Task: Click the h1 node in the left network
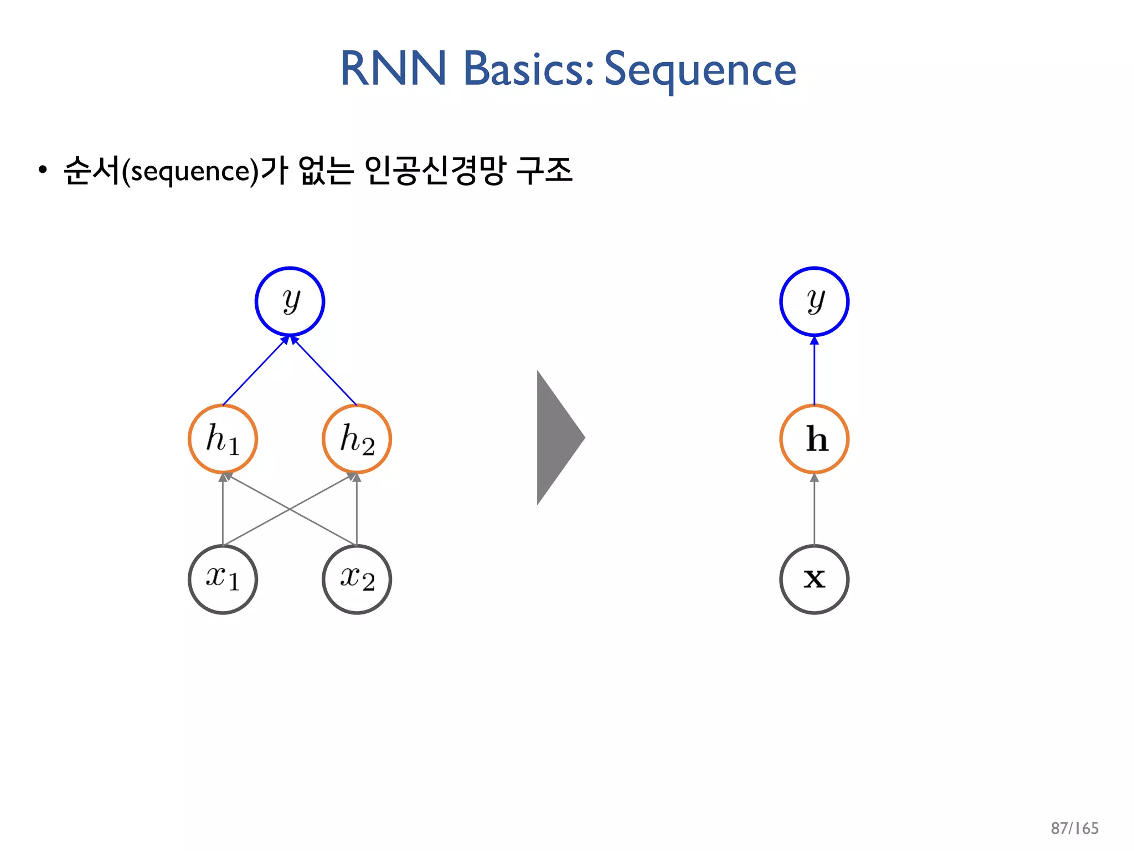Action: coord(223,439)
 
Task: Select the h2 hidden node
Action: coord(357,439)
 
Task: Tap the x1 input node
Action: coord(223,580)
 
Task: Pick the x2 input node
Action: coord(357,580)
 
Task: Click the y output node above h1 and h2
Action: coord(290,301)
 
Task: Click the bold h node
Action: coord(814,439)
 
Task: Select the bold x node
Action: coord(814,580)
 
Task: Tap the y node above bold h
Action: coord(814,301)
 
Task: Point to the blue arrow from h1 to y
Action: coord(255,371)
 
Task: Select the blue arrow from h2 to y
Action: coord(325,371)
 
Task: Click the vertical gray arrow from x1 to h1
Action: coord(223,510)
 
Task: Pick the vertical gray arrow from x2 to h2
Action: coord(357,510)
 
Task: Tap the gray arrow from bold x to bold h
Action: coord(814,510)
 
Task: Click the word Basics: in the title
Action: coord(528,69)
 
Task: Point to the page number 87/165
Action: coord(1074,828)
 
